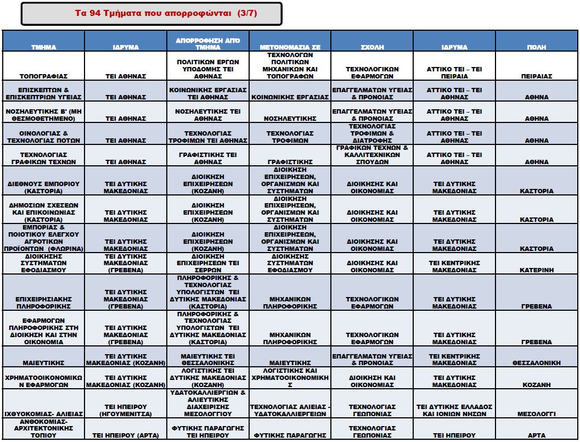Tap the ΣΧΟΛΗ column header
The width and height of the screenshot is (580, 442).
coord(372,47)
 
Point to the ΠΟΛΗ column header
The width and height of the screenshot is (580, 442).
coord(536,47)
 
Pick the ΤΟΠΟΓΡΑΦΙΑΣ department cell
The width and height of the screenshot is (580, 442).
coord(43,76)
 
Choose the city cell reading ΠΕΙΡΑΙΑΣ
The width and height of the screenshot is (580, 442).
coord(536,76)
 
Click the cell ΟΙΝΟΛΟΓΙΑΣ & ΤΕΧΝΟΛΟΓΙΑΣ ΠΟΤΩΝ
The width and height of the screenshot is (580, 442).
coord(43,137)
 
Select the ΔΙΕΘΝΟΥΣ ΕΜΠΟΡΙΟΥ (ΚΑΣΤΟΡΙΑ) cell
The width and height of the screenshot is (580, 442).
coord(43,187)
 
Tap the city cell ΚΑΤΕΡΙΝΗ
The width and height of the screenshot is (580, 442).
coord(536,270)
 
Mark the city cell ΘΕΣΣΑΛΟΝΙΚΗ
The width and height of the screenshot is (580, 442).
coord(536,363)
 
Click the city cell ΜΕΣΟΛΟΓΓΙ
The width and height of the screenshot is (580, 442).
coord(536,413)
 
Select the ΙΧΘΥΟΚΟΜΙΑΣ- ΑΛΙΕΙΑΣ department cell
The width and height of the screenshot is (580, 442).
coord(43,413)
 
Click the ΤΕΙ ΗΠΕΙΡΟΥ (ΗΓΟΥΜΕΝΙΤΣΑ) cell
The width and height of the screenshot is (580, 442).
coord(126,410)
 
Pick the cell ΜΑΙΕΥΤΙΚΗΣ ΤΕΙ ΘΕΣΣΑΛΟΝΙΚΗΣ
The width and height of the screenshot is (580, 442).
coord(208,359)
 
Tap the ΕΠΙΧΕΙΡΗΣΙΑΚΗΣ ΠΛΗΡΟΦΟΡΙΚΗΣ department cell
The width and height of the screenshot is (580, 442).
coord(43,303)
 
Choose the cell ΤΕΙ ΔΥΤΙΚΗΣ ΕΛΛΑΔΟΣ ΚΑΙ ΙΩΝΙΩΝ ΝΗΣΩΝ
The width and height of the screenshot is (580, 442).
coord(454,410)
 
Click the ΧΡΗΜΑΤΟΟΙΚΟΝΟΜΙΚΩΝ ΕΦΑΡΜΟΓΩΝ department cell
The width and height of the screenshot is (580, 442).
coord(43,381)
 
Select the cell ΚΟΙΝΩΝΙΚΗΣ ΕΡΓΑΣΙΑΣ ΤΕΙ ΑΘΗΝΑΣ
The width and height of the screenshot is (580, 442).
coord(208,93)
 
